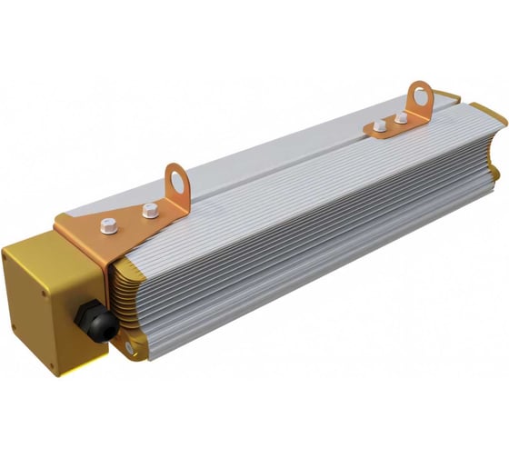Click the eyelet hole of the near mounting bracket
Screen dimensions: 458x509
pyautogui.click(x=176, y=181)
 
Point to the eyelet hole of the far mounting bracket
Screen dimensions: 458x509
pyautogui.click(x=420, y=94)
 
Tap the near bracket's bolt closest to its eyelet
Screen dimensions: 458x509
pyautogui.click(x=150, y=211)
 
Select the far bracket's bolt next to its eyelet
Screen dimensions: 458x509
pyautogui.click(x=401, y=118)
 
